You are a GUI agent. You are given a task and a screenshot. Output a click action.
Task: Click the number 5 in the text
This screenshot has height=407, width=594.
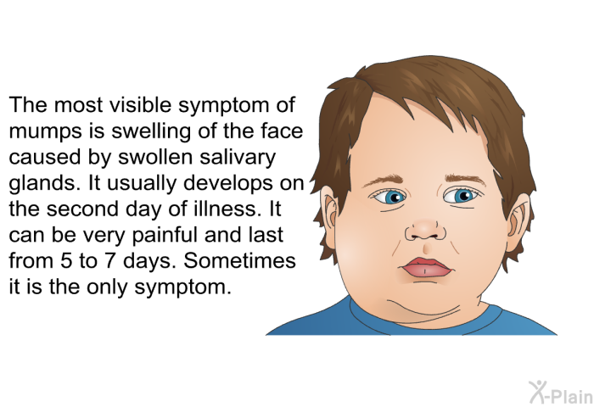click(66, 260)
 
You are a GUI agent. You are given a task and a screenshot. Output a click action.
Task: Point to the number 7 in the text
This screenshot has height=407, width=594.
click(109, 260)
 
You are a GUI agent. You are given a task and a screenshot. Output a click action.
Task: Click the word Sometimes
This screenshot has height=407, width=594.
click(239, 260)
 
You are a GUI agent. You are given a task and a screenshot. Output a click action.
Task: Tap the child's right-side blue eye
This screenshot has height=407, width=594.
click(462, 196)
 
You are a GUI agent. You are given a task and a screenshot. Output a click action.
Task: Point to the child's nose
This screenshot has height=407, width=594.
click(426, 230)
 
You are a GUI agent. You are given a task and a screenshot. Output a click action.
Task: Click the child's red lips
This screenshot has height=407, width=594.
click(426, 267)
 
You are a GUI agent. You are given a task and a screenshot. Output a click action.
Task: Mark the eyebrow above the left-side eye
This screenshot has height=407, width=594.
click(384, 181)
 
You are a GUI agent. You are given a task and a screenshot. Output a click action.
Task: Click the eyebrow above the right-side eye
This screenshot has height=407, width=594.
click(465, 179)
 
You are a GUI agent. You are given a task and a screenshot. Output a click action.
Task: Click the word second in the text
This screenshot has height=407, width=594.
click(82, 209)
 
